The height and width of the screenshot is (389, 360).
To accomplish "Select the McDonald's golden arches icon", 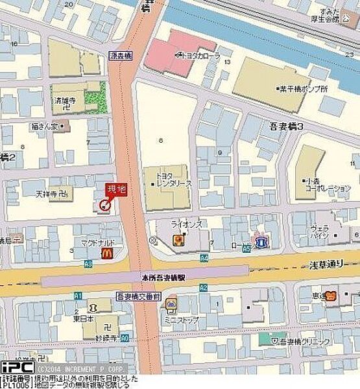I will click(x=108, y=255).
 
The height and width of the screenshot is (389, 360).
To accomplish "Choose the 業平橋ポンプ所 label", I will click(x=302, y=88).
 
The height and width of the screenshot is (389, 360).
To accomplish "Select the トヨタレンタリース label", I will click(x=173, y=178).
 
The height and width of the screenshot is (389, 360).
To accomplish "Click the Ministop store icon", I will click(x=172, y=303).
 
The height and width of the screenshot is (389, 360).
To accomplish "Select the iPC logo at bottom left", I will click(x=17, y=367).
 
